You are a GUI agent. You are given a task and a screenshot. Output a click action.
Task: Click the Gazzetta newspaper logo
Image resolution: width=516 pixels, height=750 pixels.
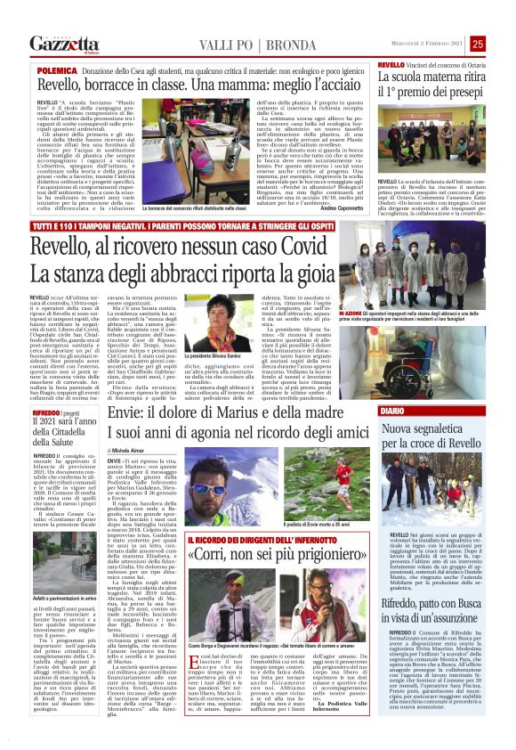pyautogui.click(x=65, y=44)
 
